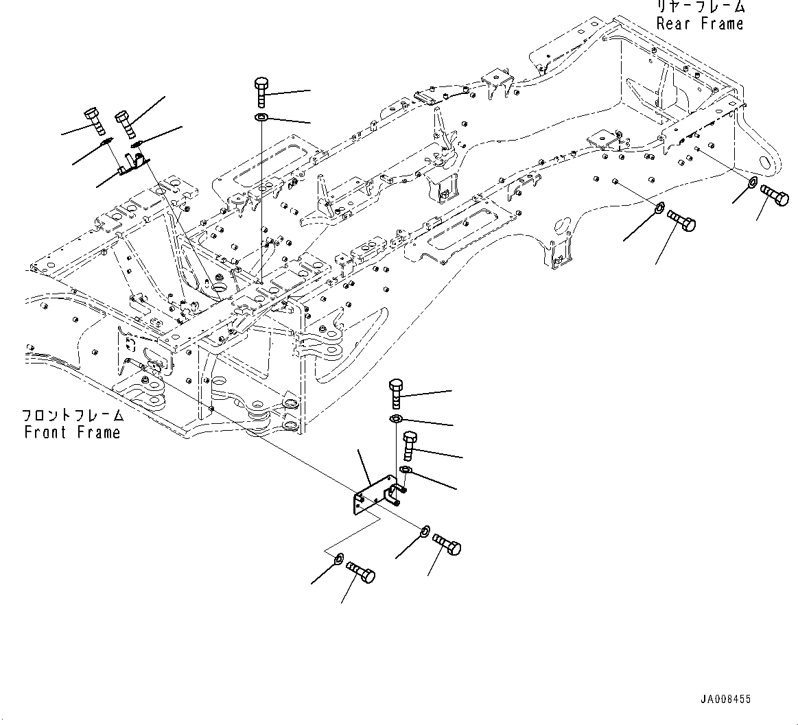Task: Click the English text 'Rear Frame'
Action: click(699, 24)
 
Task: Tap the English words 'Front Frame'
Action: click(72, 433)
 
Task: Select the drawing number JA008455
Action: click(725, 699)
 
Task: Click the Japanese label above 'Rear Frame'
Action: click(699, 7)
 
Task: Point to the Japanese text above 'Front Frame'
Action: click(72, 416)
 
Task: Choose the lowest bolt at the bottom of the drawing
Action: click(361, 571)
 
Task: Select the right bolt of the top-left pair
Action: click(126, 124)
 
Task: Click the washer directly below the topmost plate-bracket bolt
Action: click(396, 419)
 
